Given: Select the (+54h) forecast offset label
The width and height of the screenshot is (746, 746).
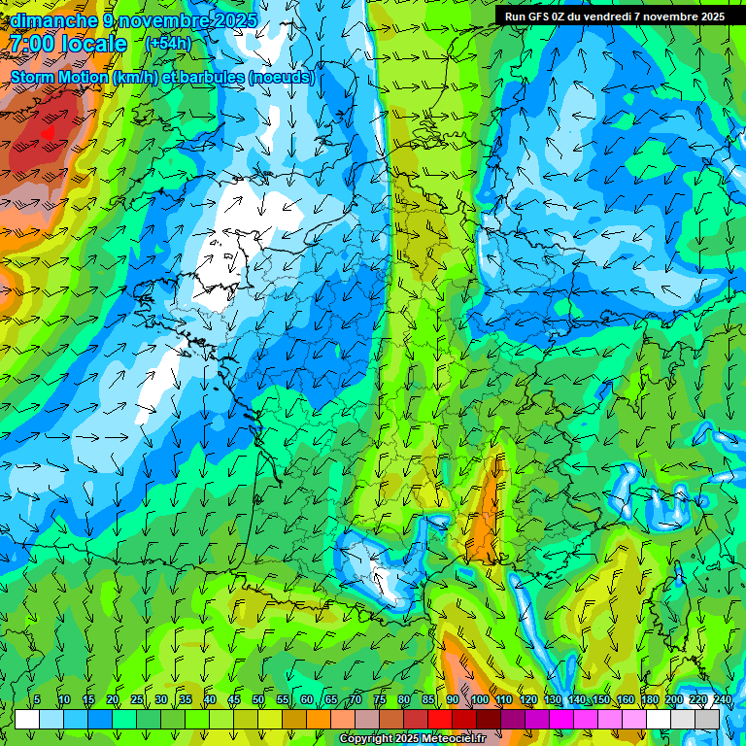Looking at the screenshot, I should (x=168, y=44).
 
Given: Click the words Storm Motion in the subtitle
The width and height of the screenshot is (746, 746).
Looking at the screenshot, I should (x=59, y=78).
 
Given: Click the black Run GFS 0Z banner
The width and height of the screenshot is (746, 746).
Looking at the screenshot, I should (x=614, y=17).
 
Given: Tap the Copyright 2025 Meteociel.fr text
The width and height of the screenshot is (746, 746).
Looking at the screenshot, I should (x=412, y=739).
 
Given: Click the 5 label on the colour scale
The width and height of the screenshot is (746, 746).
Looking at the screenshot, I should (x=37, y=700).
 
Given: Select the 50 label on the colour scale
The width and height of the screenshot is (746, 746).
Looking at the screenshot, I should (x=258, y=700).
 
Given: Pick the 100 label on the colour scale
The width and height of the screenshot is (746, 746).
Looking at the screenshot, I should (x=480, y=700).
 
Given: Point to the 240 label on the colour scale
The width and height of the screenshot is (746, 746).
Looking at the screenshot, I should (x=723, y=700).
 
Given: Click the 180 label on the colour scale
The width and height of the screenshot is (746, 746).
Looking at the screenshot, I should (x=650, y=700).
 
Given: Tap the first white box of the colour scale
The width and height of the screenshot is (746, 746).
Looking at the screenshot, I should (x=26, y=719).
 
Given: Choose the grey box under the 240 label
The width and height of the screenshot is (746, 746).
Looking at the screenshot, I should (x=709, y=719).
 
